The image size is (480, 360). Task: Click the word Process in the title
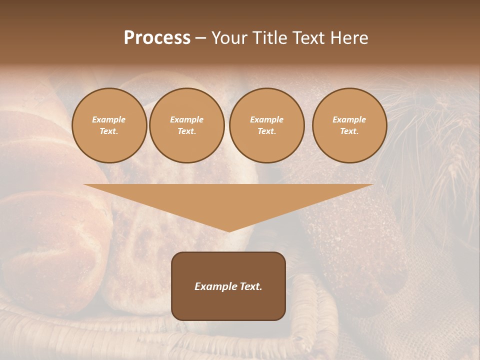pos(157,38)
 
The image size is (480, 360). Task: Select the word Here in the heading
pos(348,38)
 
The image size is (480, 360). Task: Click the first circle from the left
pos(109,125)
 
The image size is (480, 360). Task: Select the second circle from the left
pos(186,125)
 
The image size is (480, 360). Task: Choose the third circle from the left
pos(266,125)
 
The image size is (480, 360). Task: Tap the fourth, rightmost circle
pos(349,125)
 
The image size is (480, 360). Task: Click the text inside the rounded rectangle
pos(228,286)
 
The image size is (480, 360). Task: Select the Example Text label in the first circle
pos(109,125)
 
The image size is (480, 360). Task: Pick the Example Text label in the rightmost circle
pos(349,125)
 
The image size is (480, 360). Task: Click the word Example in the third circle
pos(266,119)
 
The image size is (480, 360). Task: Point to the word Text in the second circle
pos(186,131)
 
